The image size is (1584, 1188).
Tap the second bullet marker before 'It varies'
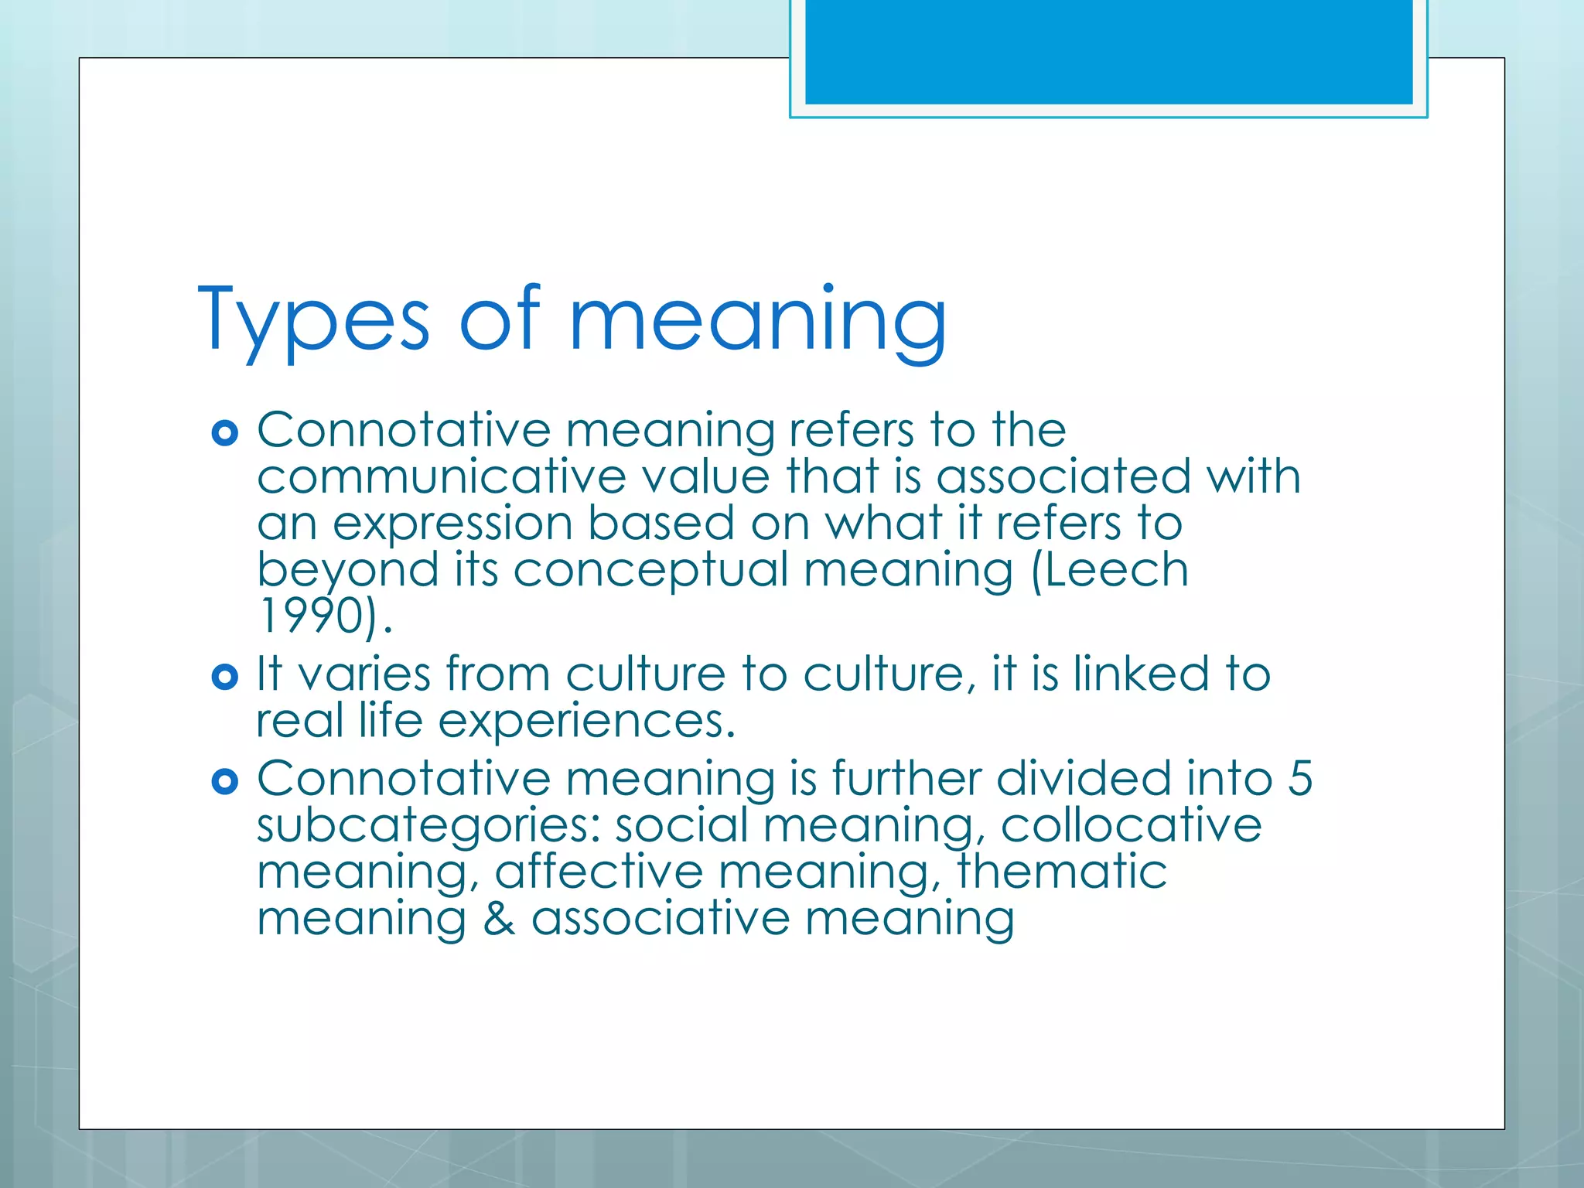pyautogui.click(x=224, y=678)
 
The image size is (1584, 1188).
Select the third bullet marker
pyautogui.click(x=224, y=782)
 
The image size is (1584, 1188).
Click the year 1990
pyautogui.click(x=311, y=616)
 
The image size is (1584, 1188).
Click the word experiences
pyautogui.click(x=585, y=722)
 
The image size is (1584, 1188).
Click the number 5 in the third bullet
pyautogui.click(x=1300, y=778)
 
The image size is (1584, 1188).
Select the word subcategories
pyautogui.click(x=428, y=826)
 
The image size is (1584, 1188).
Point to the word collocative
pyautogui.click(x=1131, y=825)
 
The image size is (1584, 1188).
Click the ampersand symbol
pyautogui.click(x=499, y=919)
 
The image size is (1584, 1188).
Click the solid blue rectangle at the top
pyautogui.click(x=1108, y=51)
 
